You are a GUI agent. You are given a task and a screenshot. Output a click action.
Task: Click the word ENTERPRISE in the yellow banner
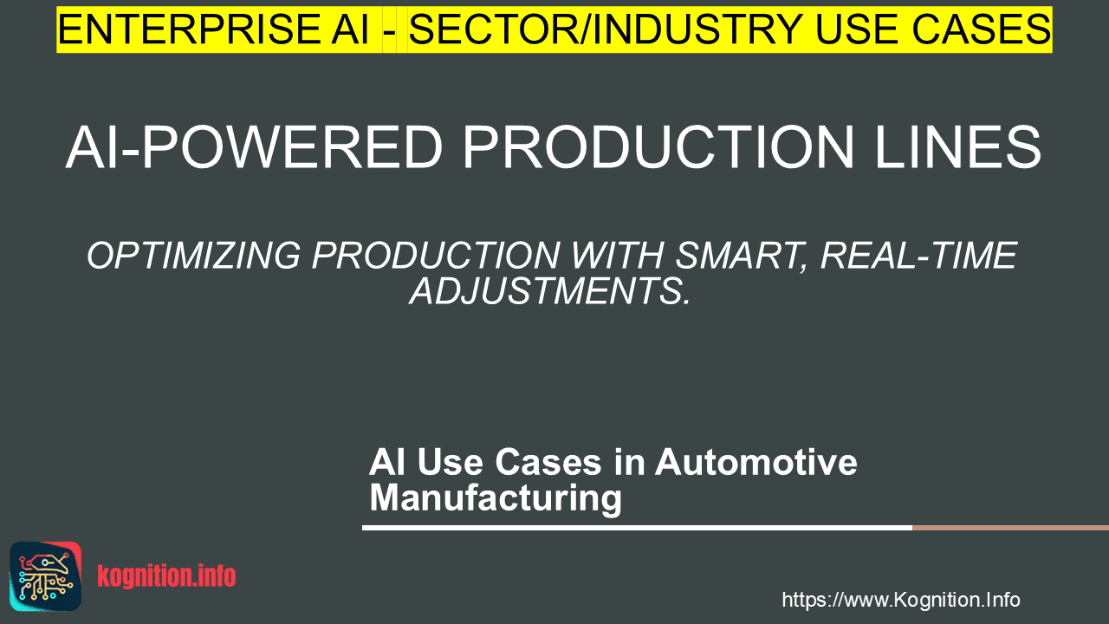(x=189, y=29)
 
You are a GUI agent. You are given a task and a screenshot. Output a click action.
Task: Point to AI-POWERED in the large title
(x=254, y=147)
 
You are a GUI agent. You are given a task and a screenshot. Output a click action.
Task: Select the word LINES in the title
(x=958, y=147)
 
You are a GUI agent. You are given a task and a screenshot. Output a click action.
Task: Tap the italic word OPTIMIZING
(x=193, y=256)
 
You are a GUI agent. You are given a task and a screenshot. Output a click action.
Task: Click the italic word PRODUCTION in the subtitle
(x=436, y=256)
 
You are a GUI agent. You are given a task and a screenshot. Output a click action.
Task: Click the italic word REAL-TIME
(x=919, y=256)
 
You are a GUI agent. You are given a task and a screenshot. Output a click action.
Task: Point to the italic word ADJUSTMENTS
(x=549, y=291)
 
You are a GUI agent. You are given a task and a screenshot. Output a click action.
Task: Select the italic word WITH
(x=618, y=256)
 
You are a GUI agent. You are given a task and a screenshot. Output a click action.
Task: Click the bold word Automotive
(x=756, y=462)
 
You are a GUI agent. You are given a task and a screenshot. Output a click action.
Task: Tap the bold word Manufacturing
(x=496, y=497)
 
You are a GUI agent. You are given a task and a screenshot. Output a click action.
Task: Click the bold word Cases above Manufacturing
(x=548, y=462)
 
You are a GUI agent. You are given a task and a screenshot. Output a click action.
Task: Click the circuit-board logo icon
(x=46, y=576)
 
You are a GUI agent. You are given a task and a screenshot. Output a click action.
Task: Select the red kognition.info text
(x=166, y=576)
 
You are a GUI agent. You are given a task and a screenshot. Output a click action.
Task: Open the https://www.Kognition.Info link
(x=901, y=600)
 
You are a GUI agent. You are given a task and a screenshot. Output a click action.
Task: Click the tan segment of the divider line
(x=1010, y=528)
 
